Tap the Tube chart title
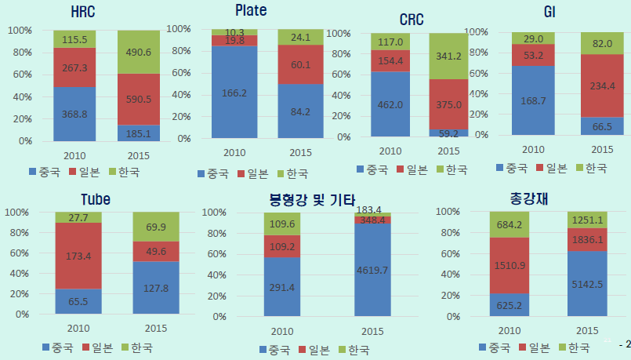pyautogui.click(x=95, y=199)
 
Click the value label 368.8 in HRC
pyautogui.click(x=75, y=114)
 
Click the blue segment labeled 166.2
pyautogui.click(x=234, y=93)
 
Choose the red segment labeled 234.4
pyautogui.click(x=602, y=85)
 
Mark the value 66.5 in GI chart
pyautogui.click(x=602, y=126)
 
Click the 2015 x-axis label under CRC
pyautogui.click(x=449, y=151)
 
